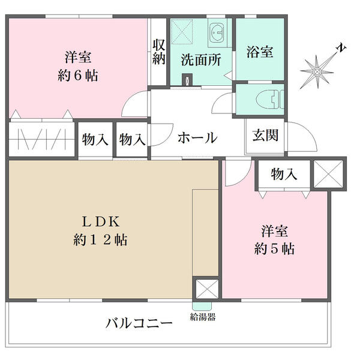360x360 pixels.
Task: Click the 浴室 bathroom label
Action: [260, 52]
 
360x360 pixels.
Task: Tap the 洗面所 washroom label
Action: [201, 60]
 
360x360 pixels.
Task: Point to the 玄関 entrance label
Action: [265, 135]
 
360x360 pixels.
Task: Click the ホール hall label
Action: [197, 138]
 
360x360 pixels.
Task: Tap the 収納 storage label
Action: [159, 52]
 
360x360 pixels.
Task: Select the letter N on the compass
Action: [341, 48]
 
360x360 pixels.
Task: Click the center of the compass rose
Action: [317, 72]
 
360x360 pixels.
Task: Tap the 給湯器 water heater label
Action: [203, 317]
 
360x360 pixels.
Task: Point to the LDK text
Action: [101, 222]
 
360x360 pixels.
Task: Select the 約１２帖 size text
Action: [100, 240]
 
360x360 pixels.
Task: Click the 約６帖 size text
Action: [78, 76]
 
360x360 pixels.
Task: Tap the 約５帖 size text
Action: [274, 249]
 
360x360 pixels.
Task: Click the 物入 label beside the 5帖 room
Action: [284, 174]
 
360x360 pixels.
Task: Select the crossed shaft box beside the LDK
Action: [207, 289]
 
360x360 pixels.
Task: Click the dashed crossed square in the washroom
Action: [182, 32]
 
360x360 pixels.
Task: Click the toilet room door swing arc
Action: [218, 98]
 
